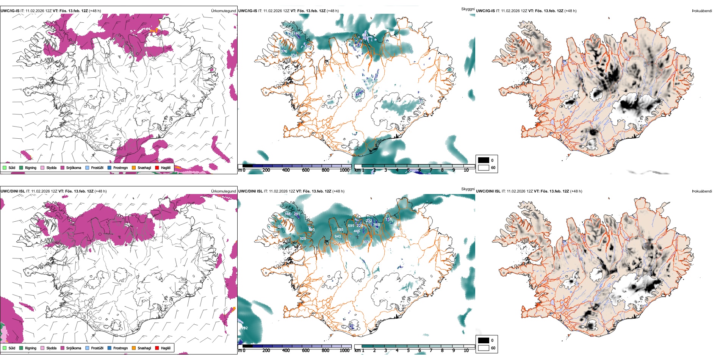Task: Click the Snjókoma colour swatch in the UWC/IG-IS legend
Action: (x=63, y=167)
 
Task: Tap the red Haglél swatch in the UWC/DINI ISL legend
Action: (x=157, y=348)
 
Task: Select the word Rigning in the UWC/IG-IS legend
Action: (x=31, y=167)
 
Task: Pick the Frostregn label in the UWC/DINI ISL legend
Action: (x=121, y=348)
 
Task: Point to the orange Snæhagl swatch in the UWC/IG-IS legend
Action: (x=134, y=167)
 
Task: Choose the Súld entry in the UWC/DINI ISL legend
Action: (x=12, y=348)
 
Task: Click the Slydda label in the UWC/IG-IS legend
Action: (x=52, y=167)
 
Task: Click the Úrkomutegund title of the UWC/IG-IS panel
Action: (x=223, y=11)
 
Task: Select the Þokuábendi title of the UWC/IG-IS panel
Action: (x=702, y=11)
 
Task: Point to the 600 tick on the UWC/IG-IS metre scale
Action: (x=306, y=170)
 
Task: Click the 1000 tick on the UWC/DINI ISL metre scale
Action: (x=344, y=351)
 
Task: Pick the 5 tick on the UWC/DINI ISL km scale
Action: (x=408, y=351)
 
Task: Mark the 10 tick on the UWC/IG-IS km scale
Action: (x=466, y=170)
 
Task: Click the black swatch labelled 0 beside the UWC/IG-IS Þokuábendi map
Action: (x=484, y=160)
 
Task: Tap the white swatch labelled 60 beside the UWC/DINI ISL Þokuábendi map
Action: (x=484, y=348)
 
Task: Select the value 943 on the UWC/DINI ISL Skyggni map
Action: (x=338, y=236)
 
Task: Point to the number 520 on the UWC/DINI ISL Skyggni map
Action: (x=303, y=239)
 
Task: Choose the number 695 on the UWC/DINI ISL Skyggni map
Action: (x=351, y=226)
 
